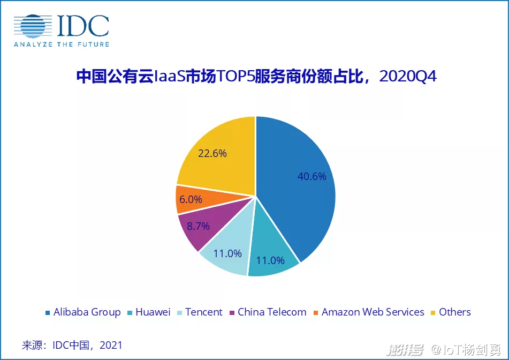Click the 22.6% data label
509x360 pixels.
pos(212,153)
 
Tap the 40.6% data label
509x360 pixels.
pos(312,176)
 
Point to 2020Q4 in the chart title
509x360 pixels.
pos(408,77)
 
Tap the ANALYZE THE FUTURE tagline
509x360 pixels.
pos(61,44)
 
